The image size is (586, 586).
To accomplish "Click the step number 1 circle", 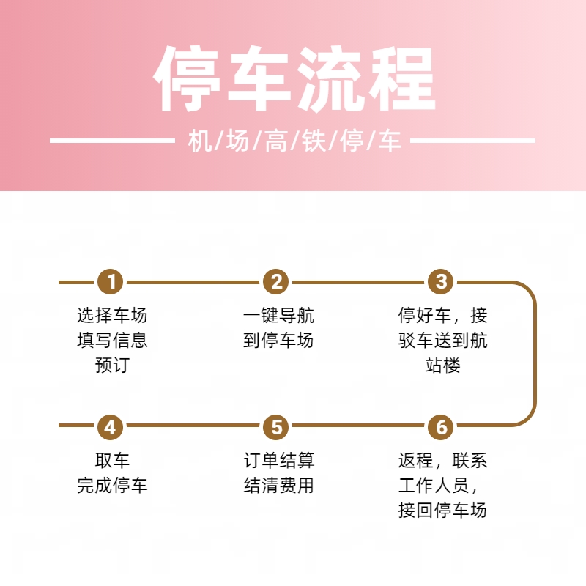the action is pos(111,282).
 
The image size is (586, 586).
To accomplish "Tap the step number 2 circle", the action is pos(276,282).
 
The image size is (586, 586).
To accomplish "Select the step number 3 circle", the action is pos(441,282).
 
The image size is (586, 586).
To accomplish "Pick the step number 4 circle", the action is pos(111,427).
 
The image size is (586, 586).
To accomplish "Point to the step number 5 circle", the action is pos(276,427).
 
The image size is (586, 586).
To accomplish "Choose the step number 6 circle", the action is pos(441,427).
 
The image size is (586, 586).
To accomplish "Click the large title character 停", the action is pos(187,79).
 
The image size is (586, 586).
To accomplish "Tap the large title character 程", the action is pos(401,79).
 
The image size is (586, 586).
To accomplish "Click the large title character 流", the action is pos(330,79).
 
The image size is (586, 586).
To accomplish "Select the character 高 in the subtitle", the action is pos(276,141).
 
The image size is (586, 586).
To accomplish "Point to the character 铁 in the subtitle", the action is pos(314,141).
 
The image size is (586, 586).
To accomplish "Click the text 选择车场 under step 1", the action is pos(112,316).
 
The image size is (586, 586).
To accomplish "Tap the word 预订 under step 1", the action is pos(112,365).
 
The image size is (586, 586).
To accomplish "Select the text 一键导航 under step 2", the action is pos(278,316).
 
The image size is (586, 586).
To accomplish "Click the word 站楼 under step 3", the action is pos(443,365).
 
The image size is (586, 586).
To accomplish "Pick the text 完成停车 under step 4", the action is pos(112,485).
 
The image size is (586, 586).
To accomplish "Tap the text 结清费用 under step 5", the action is pos(278,485).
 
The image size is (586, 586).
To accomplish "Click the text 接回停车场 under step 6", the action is pos(442,510).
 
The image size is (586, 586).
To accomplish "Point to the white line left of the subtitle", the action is pos(112,141).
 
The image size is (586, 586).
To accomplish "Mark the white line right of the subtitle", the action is pos(472,141).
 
